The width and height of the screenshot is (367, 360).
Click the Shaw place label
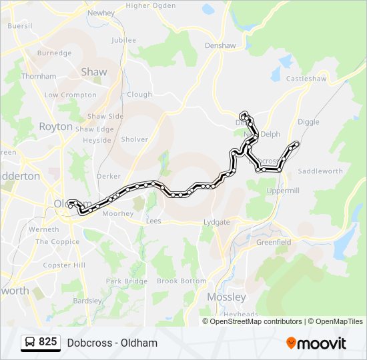(x=93, y=71)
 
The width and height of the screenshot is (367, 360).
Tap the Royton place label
(x=55, y=126)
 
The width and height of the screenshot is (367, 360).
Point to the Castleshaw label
(x=304, y=79)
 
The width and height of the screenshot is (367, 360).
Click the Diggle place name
(x=308, y=122)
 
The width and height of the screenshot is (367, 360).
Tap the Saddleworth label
(x=320, y=171)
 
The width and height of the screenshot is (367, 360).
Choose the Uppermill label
(x=284, y=191)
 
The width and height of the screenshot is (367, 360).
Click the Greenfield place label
(x=274, y=242)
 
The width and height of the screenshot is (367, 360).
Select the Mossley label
(x=226, y=297)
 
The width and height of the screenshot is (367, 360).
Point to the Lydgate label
(x=216, y=222)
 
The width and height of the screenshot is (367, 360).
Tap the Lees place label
(x=153, y=221)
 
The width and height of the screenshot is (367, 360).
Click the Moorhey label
(x=117, y=214)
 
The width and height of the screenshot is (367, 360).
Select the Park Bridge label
(x=126, y=281)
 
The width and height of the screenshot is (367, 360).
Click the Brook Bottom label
(x=181, y=281)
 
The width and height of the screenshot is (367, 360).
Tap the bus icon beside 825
(x=30, y=343)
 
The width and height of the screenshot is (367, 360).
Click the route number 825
(x=47, y=343)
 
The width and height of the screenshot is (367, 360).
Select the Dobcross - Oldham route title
(x=112, y=343)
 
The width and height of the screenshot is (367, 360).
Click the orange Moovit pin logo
(x=291, y=343)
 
